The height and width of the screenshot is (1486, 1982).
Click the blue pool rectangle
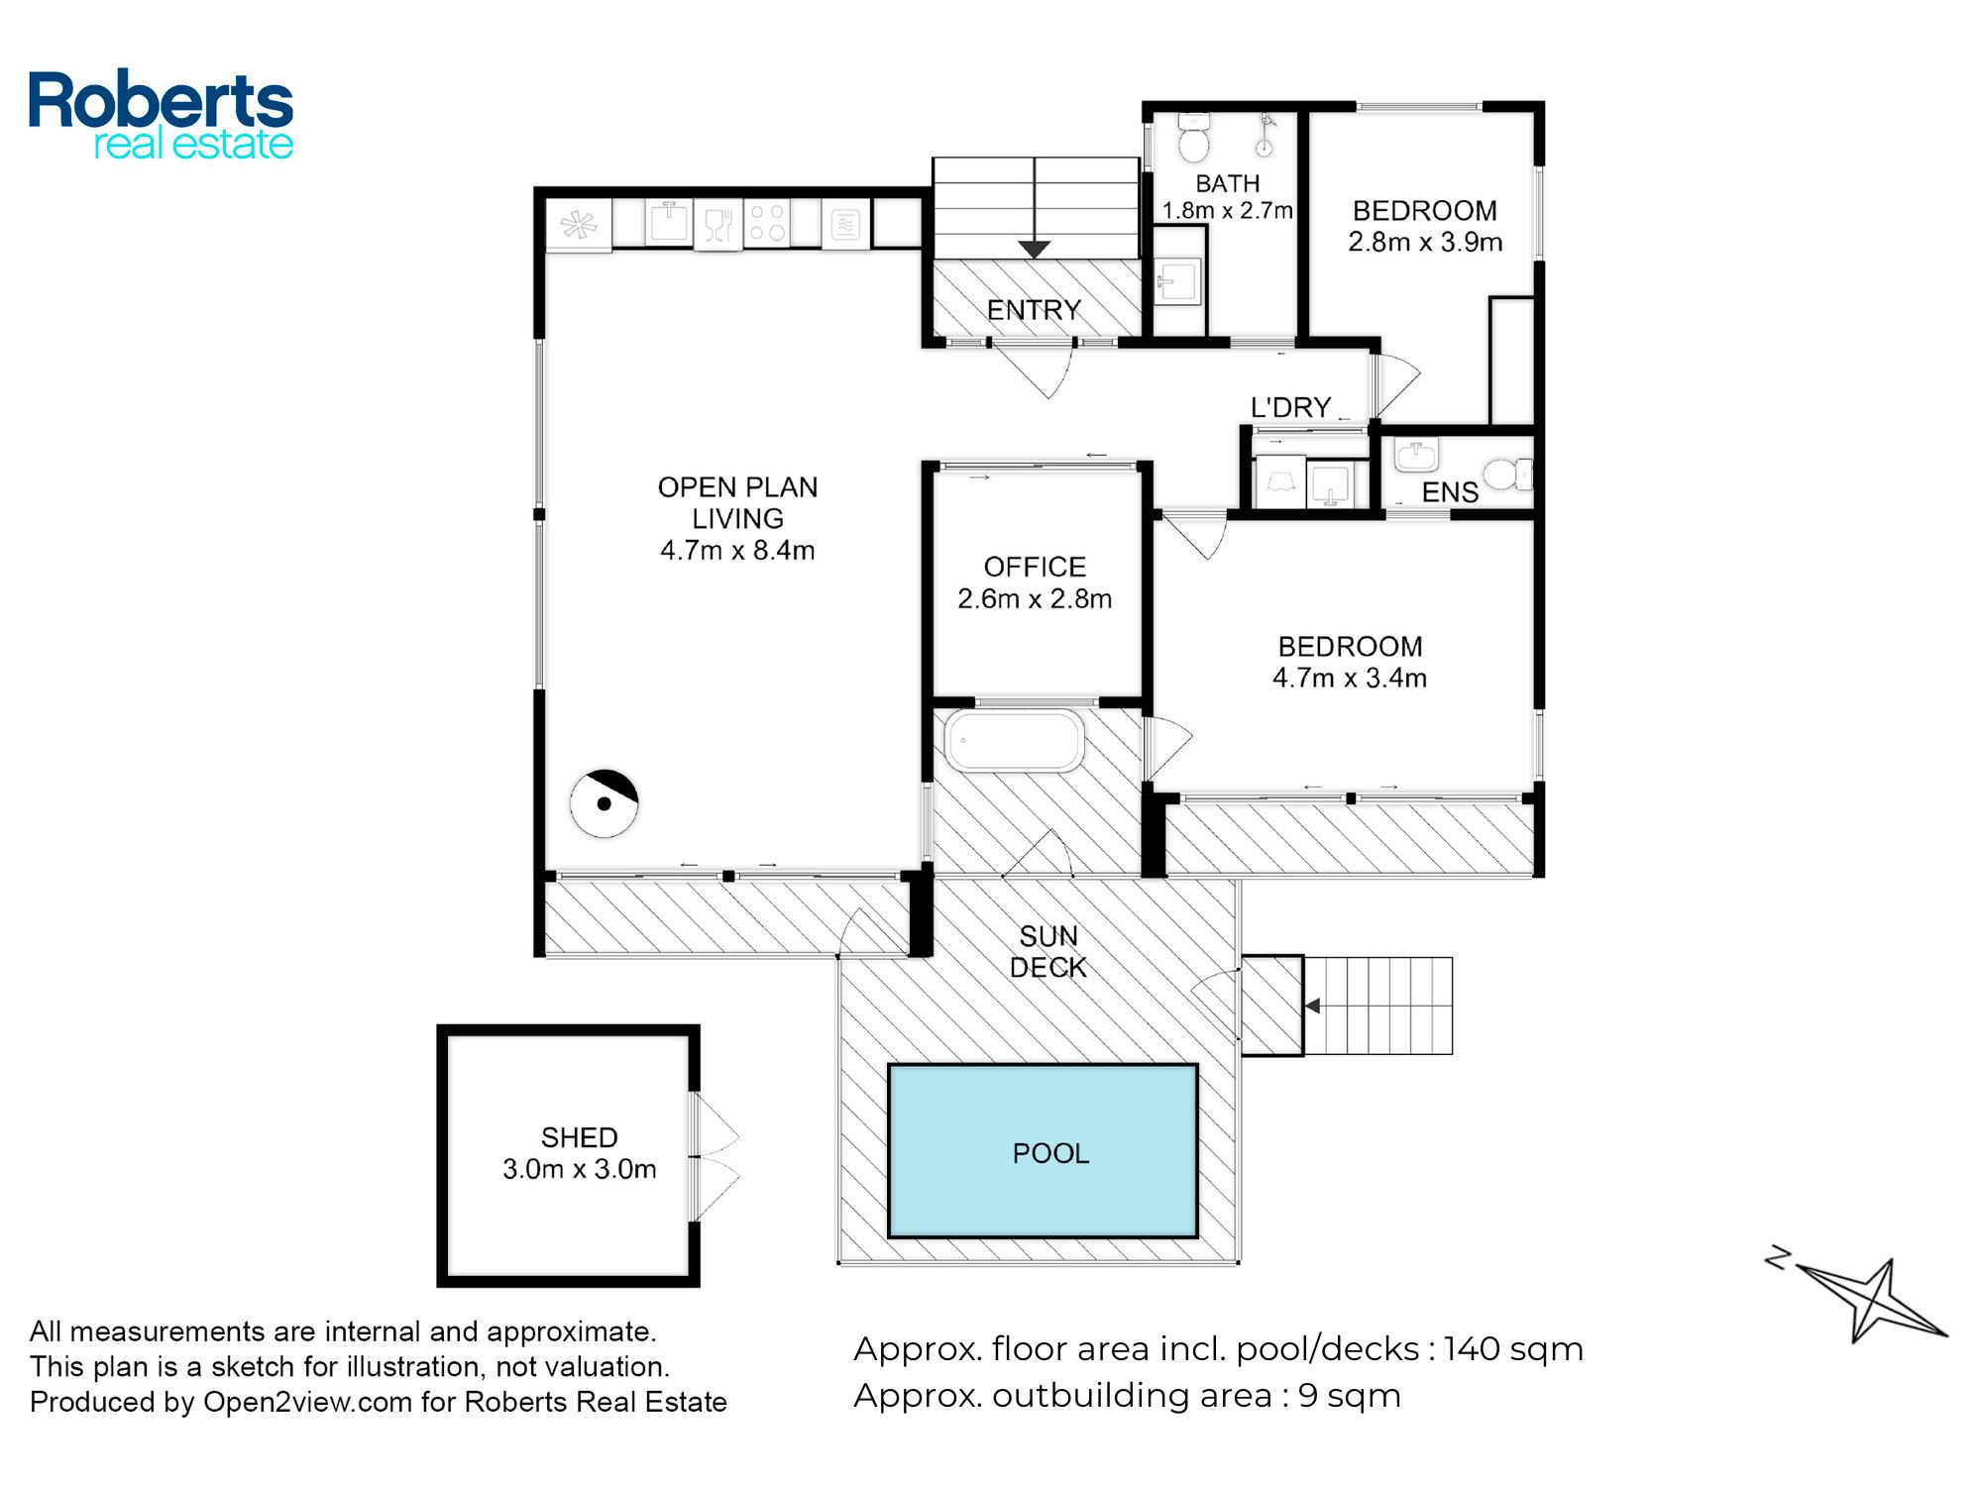(x=1043, y=1151)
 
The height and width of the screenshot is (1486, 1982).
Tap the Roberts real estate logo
(x=161, y=115)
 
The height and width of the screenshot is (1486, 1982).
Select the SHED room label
(x=580, y=1137)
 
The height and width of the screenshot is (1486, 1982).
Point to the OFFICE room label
(x=1035, y=567)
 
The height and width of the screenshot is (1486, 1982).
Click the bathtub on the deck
(x=1014, y=739)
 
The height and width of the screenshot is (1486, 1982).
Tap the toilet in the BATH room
(x=1194, y=139)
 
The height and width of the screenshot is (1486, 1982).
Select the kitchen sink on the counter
(x=670, y=222)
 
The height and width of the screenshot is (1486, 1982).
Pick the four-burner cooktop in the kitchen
(x=767, y=222)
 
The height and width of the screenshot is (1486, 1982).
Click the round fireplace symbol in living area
(x=604, y=803)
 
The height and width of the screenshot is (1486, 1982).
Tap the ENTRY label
(x=1034, y=310)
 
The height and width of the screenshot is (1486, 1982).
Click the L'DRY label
(x=1290, y=407)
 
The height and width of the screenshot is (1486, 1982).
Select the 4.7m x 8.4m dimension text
(x=737, y=550)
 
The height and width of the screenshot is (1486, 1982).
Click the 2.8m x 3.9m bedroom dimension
(x=1425, y=242)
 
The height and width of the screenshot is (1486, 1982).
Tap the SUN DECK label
(x=1048, y=951)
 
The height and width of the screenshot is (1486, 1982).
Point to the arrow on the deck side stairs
(x=1313, y=1006)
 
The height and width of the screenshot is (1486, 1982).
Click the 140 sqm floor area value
(x=1513, y=1349)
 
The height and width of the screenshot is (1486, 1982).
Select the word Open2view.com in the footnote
(x=307, y=1403)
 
